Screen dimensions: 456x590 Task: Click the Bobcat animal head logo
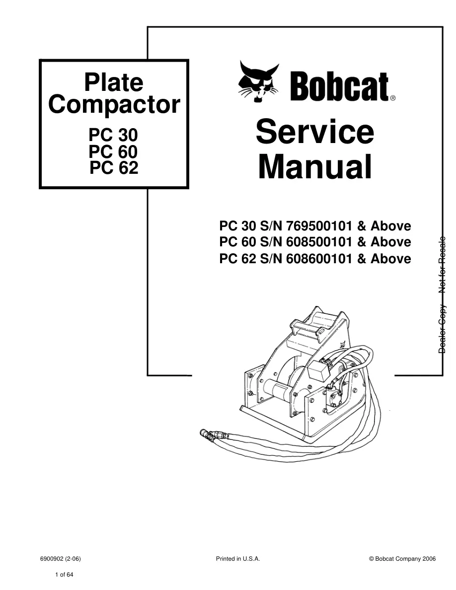[x=258, y=82]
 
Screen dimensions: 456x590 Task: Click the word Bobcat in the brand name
[x=340, y=86]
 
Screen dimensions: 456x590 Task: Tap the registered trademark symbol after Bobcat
[x=392, y=98]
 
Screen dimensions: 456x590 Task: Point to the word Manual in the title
[x=315, y=167]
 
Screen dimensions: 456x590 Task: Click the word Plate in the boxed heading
[x=114, y=82]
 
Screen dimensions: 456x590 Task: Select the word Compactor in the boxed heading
[x=114, y=104]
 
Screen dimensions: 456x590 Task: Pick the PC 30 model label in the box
[x=113, y=135]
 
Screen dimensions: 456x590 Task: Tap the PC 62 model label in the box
[x=114, y=168]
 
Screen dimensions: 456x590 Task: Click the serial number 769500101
[x=319, y=226]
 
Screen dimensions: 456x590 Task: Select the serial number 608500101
[x=319, y=241]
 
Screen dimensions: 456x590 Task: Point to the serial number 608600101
[x=319, y=259]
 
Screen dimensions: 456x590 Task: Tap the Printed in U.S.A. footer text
[x=238, y=559]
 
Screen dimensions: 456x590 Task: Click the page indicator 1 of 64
[x=64, y=575]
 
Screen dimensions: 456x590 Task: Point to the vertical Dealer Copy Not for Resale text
[x=442, y=295]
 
